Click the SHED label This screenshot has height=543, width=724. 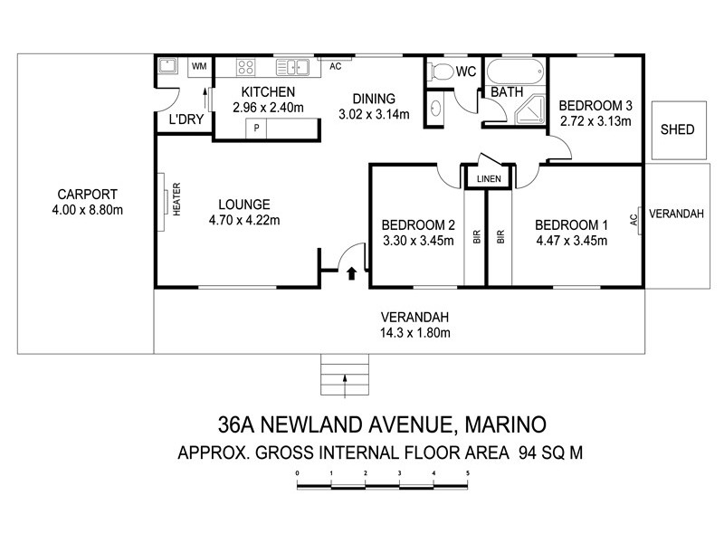click(678, 129)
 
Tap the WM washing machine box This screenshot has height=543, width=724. click(198, 66)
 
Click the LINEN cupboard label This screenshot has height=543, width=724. click(488, 179)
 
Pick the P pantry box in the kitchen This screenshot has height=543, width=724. click(257, 129)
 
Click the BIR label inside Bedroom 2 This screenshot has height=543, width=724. click(476, 236)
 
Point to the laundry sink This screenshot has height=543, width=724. click(167, 66)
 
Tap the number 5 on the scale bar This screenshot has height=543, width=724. click(467, 472)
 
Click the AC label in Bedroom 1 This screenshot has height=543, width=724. click(639, 217)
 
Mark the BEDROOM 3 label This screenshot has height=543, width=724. click(595, 104)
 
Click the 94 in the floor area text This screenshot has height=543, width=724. click(530, 452)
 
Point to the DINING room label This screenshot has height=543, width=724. click(375, 99)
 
